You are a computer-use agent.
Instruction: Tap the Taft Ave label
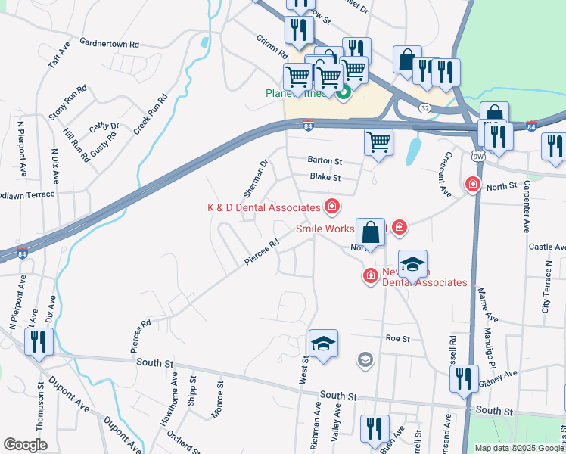point(59,54)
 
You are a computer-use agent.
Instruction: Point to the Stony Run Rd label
point(68,102)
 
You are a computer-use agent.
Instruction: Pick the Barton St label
point(325,161)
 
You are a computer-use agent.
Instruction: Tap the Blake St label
point(325,178)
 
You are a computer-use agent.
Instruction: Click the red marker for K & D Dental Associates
point(331,206)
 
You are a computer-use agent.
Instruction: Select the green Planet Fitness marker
point(344,94)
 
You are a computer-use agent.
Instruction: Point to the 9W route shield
point(477,156)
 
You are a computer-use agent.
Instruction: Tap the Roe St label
point(397,339)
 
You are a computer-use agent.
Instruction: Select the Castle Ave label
point(546,247)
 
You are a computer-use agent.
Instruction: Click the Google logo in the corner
point(25,445)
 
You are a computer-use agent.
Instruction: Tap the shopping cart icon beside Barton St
point(378,141)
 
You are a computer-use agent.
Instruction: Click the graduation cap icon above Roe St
point(323,344)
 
